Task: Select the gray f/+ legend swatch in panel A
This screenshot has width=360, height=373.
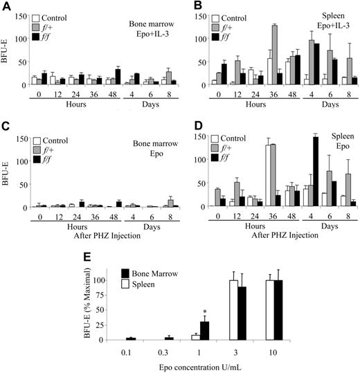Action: [x=39, y=24]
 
